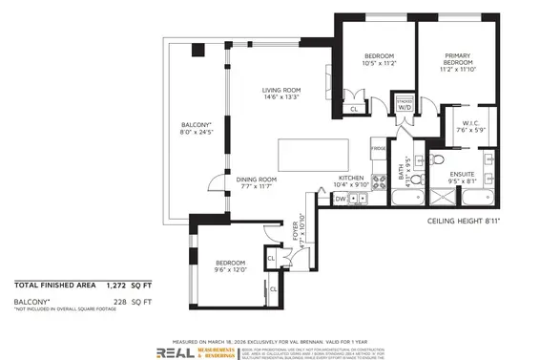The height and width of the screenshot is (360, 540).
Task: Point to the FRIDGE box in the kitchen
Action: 379,149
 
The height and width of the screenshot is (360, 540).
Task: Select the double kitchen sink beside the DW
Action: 358,199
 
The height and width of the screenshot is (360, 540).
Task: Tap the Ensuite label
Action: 463,176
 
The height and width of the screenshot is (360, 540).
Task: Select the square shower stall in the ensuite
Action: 444,199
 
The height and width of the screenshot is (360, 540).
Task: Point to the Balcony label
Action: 197,130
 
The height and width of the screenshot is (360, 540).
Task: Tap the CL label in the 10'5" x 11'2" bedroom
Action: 354,110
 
